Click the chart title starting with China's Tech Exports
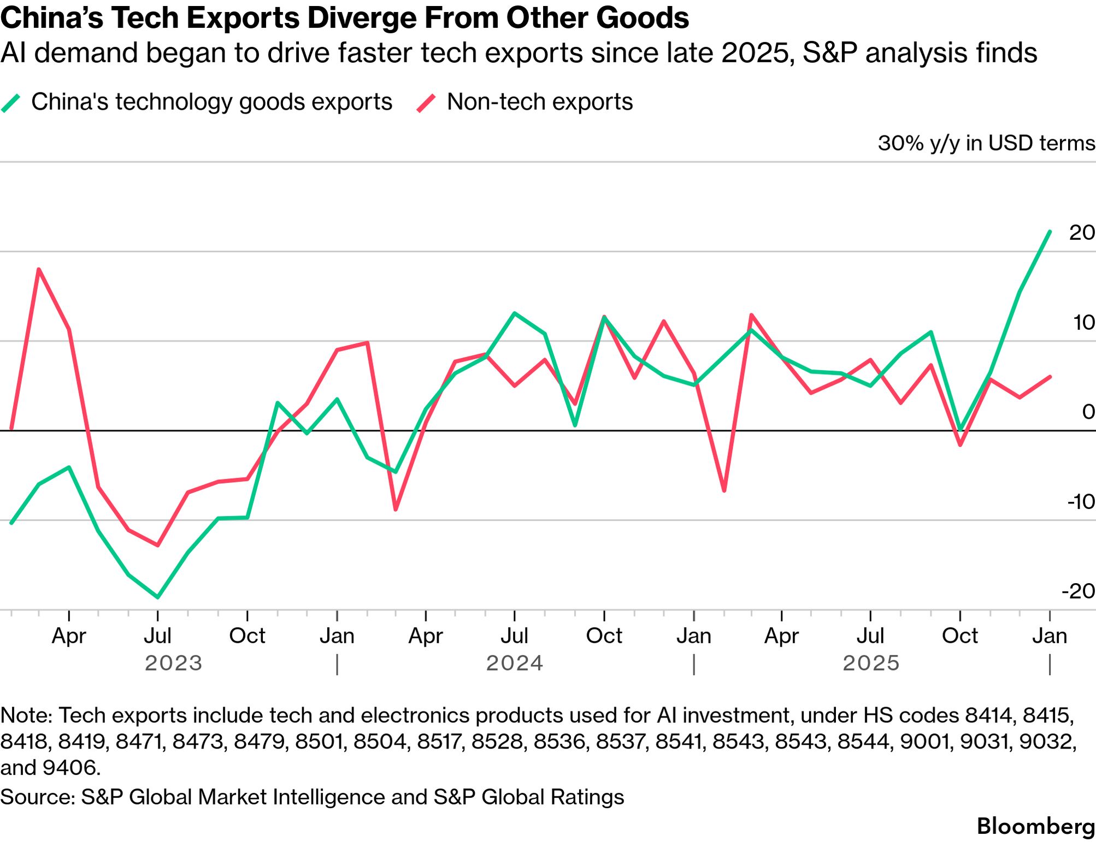point(344,18)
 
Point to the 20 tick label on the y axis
point(1081,233)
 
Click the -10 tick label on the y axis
point(1080,501)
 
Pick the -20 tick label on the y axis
point(1078,591)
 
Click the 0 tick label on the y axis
point(1088,412)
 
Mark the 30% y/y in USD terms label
point(986,143)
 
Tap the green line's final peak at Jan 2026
point(1050,232)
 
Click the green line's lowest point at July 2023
point(158,597)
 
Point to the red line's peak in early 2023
point(38,269)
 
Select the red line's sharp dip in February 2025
point(724,490)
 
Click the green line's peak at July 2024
point(514,313)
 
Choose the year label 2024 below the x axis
point(514,663)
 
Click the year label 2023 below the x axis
point(173,663)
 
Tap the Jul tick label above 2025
point(870,636)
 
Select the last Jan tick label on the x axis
point(1050,636)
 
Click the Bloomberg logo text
point(1035,826)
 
